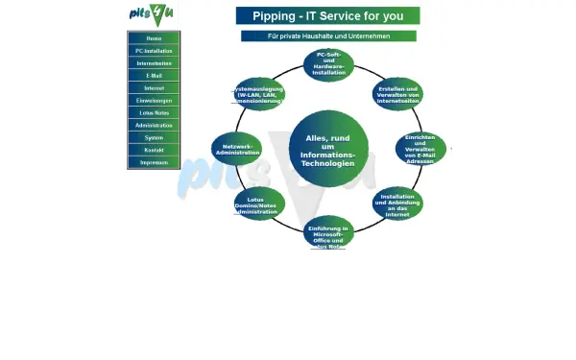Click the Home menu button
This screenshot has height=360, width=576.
point(154,38)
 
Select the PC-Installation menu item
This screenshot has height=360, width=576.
point(154,51)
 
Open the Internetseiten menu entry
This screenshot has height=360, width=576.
point(154,63)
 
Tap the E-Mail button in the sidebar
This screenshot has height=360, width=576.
point(154,76)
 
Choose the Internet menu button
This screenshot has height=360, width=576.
point(154,88)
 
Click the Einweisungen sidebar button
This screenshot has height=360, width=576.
point(154,101)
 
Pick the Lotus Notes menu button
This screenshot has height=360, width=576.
point(154,113)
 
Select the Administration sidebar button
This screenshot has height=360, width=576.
point(154,126)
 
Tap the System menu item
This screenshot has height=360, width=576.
point(154,138)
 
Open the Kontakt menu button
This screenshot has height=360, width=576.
point(154,151)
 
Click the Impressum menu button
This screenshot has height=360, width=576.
point(154,163)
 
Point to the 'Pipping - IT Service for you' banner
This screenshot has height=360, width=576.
point(327,16)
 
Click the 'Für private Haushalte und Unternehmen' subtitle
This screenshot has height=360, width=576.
point(328,36)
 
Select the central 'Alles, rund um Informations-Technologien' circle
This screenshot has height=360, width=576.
point(328,151)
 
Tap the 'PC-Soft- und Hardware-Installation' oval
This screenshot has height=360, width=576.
point(328,65)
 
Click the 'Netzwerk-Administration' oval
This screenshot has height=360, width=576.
point(236,149)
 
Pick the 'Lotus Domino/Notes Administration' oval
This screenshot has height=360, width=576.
point(259,204)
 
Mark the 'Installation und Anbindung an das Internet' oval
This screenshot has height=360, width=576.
point(397,204)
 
